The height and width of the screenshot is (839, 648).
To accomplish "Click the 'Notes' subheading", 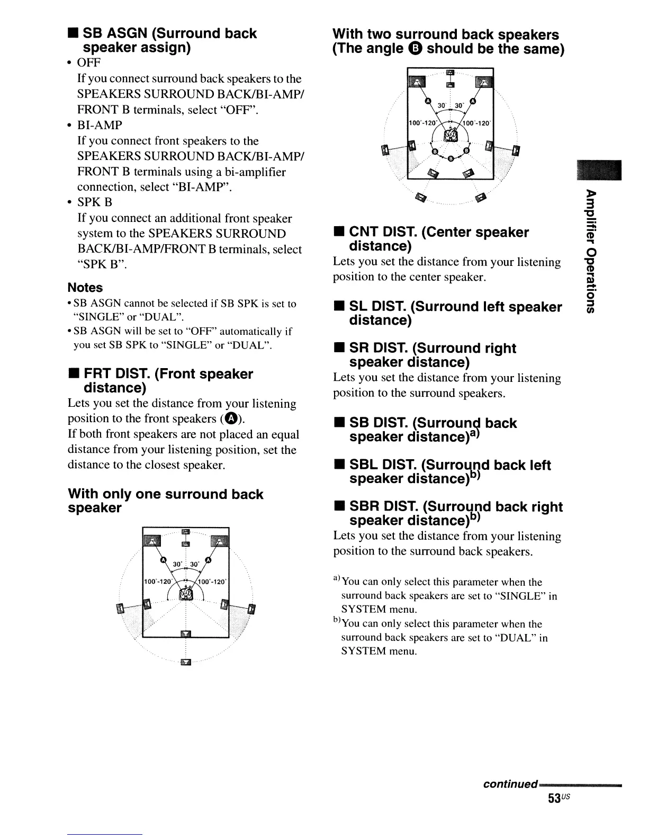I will tap(85, 288).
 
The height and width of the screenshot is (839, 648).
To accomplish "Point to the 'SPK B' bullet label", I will tap(95, 202).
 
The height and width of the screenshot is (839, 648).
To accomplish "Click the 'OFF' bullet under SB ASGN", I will tap(89, 63).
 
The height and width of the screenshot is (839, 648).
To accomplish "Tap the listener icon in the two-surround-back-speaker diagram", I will tap(450, 137).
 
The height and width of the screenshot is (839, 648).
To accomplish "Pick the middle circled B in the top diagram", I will tap(450, 158).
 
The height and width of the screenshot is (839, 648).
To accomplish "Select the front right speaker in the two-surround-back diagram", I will tap(483, 82).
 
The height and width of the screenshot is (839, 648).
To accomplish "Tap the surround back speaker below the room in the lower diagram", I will tap(185, 662).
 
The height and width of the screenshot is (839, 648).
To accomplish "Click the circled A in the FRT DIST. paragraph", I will tap(230, 419).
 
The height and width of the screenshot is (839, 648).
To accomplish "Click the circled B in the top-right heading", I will tap(417, 50).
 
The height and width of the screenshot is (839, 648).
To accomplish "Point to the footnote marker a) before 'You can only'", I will tap(337, 581).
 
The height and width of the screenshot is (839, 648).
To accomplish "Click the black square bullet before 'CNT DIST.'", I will tap(337, 233).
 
